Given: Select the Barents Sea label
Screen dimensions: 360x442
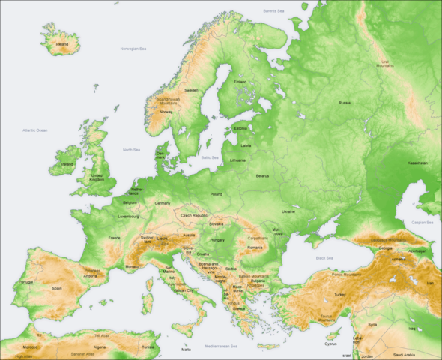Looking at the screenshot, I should point(274,11).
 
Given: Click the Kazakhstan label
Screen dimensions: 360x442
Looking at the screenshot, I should point(417,163).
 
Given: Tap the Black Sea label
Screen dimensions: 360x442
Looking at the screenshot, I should point(325,257).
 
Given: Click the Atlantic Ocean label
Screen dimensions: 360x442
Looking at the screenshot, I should point(34,130).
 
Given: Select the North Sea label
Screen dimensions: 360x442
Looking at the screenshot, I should point(132,150).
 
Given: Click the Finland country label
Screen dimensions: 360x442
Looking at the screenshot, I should point(240,82).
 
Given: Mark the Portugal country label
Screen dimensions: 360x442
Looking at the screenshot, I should point(26,282).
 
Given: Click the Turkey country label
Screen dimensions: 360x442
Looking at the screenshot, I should point(339,295).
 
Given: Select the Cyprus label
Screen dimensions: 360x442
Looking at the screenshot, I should point(330,344).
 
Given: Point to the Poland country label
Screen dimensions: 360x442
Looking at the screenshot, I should point(216,194).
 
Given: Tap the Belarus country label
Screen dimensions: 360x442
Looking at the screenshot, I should point(261,175).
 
